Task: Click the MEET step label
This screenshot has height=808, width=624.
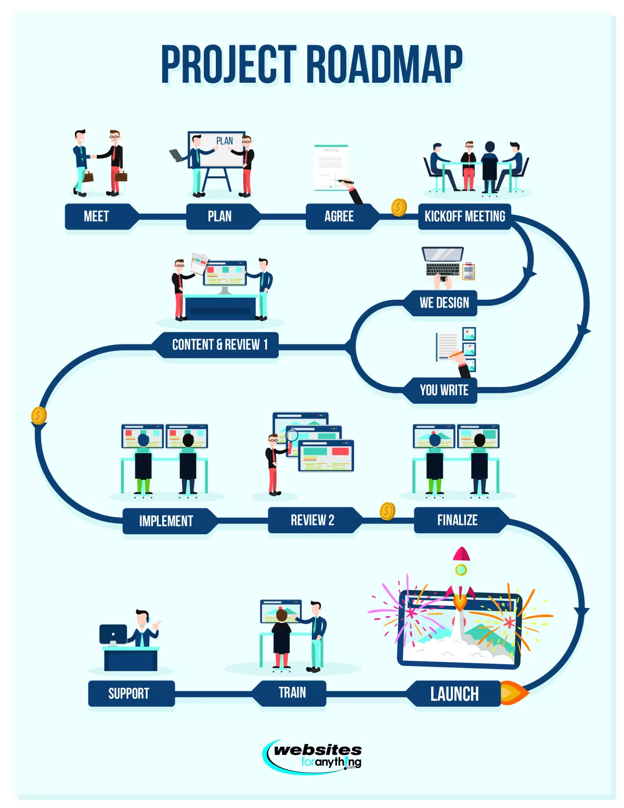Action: [97, 216]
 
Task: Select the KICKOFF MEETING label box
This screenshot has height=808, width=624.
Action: [464, 216]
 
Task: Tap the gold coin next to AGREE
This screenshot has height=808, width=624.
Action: [399, 208]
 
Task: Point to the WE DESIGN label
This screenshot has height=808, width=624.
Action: [444, 303]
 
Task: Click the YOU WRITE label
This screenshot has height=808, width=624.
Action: [444, 390]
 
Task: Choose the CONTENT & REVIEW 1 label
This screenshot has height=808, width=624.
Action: [219, 345]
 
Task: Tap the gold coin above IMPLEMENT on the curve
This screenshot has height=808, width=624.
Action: [39, 415]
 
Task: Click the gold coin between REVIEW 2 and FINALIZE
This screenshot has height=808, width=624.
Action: [387, 511]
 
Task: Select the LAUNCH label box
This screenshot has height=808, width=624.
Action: [454, 694]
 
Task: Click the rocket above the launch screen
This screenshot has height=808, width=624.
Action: [461, 575]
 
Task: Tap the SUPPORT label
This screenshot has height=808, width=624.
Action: [129, 694]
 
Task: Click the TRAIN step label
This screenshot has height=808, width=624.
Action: [292, 693]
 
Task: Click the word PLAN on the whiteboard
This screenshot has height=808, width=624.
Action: [225, 141]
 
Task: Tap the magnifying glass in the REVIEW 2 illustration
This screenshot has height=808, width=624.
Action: [292, 435]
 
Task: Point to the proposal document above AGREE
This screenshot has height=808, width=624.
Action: [331, 168]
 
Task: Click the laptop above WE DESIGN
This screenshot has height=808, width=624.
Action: [443, 261]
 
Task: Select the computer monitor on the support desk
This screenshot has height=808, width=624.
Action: [113, 634]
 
